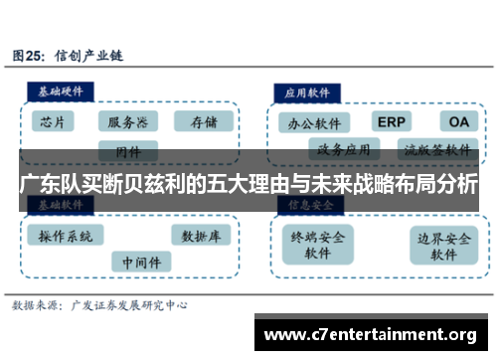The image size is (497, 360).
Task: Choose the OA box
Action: [x=456, y=122]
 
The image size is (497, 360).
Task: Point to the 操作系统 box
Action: [x=66, y=237]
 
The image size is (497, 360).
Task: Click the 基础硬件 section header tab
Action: [x=63, y=90]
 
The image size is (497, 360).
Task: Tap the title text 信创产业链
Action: [x=95, y=55]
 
